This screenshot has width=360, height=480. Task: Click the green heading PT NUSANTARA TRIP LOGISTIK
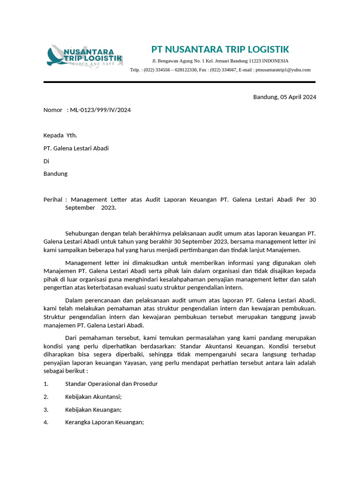[x=220, y=49]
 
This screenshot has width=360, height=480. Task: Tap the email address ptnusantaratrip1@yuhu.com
[x=283, y=70]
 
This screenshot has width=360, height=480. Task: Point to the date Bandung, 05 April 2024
[x=285, y=97]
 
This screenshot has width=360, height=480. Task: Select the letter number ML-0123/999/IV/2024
[x=100, y=110]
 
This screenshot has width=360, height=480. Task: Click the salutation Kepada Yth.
[x=60, y=135]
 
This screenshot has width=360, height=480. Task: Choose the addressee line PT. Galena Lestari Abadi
[x=76, y=148]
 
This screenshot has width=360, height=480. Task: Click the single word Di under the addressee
[x=46, y=161]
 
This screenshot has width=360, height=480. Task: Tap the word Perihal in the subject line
[x=52, y=200]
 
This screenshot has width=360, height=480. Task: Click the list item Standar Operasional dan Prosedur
[x=111, y=384]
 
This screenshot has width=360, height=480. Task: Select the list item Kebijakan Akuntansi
[x=93, y=397]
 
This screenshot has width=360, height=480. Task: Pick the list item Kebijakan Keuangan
[x=93, y=409]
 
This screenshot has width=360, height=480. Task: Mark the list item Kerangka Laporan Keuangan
[x=104, y=422]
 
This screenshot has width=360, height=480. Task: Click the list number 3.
[x=46, y=409]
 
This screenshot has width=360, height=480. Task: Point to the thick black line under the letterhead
[x=180, y=82]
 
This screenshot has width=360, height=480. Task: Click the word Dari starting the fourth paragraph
[x=71, y=338]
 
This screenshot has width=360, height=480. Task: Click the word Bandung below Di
[x=55, y=173]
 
